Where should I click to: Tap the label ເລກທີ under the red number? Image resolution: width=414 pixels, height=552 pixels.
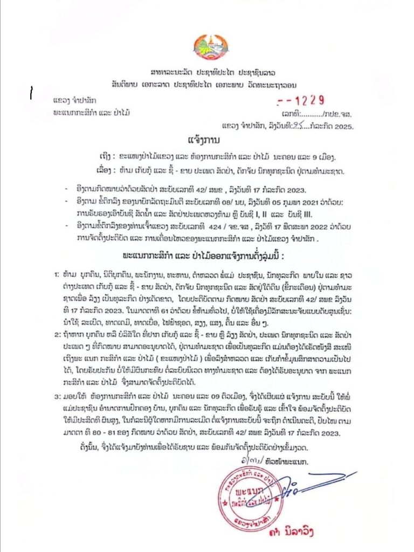pos(291,113)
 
